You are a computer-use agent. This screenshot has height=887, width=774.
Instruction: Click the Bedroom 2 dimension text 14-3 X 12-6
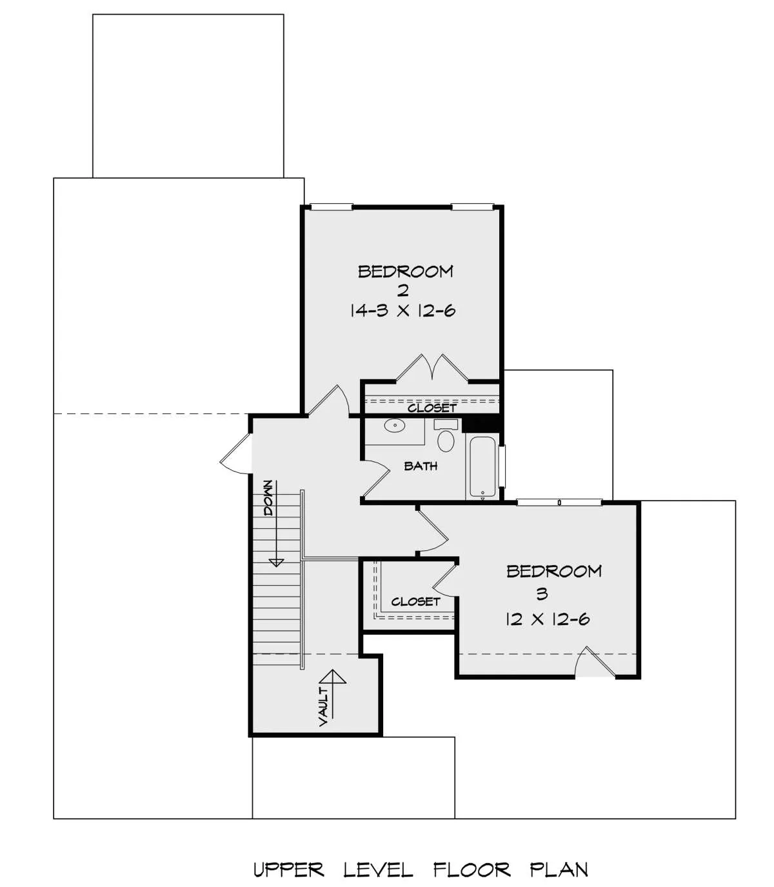(x=402, y=311)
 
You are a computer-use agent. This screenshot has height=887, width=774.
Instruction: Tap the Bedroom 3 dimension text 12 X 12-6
(x=547, y=619)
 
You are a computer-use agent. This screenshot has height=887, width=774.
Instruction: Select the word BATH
(x=421, y=466)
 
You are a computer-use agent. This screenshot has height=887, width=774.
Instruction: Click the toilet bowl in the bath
(x=446, y=441)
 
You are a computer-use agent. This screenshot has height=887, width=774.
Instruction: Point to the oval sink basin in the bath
(x=394, y=425)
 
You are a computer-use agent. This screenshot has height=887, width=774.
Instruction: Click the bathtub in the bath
(x=482, y=467)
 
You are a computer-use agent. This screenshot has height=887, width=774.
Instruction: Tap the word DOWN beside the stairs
(x=268, y=497)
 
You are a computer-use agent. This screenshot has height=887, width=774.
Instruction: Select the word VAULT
(x=324, y=706)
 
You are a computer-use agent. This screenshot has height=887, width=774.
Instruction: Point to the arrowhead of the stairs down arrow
(x=276, y=563)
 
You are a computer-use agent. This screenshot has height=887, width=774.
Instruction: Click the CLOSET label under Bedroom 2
(x=432, y=408)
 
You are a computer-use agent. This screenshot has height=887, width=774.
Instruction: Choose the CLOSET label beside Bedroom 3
(x=415, y=602)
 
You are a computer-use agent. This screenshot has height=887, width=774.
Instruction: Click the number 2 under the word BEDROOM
(x=403, y=290)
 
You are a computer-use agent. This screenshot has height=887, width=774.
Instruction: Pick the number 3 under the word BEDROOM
(x=542, y=593)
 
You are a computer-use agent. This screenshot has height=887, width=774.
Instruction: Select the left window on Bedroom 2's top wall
(x=332, y=207)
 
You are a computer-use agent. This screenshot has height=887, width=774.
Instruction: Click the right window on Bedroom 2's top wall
(x=472, y=207)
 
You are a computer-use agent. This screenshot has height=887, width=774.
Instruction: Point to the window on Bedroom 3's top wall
(x=559, y=503)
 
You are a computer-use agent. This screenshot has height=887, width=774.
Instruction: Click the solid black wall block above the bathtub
(x=481, y=424)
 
